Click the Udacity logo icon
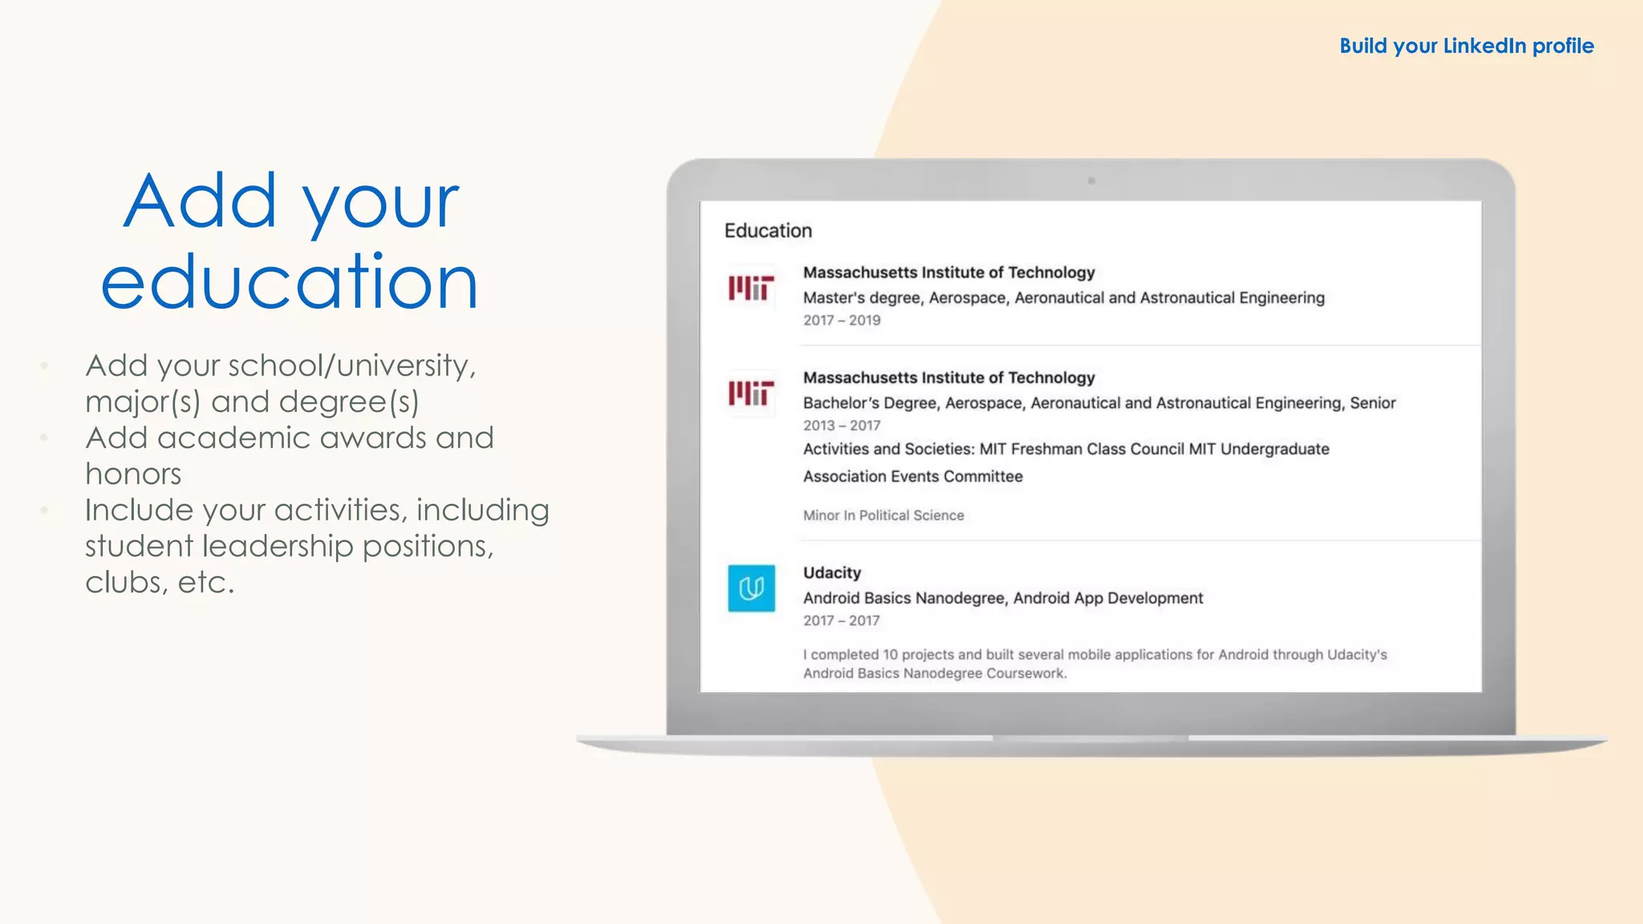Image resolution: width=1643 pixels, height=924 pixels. (x=751, y=589)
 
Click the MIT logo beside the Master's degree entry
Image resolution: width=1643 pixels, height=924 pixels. (x=751, y=288)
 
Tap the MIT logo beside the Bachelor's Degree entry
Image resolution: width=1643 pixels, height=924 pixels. (x=751, y=393)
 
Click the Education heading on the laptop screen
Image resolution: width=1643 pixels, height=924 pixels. (x=768, y=231)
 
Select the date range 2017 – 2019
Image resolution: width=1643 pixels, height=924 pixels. (x=842, y=321)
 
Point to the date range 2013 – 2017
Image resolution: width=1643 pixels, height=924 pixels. (x=842, y=426)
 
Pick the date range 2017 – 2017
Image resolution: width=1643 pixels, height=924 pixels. (x=842, y=621)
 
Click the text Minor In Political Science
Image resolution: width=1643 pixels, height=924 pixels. (x=883, y=516)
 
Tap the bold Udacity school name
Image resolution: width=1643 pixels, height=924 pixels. (x=832, y=573)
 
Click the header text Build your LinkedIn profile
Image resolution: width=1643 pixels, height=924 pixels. (x=1466, y=47)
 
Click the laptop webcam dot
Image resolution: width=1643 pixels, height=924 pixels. (x=1091, y=181)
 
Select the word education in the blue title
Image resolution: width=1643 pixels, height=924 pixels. (x=290, y=282)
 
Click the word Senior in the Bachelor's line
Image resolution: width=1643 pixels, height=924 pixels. (x=1373, y=403)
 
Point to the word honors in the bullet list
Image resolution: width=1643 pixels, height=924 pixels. (x=133, y=474)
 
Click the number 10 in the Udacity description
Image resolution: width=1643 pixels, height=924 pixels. (x=890, y=654)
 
